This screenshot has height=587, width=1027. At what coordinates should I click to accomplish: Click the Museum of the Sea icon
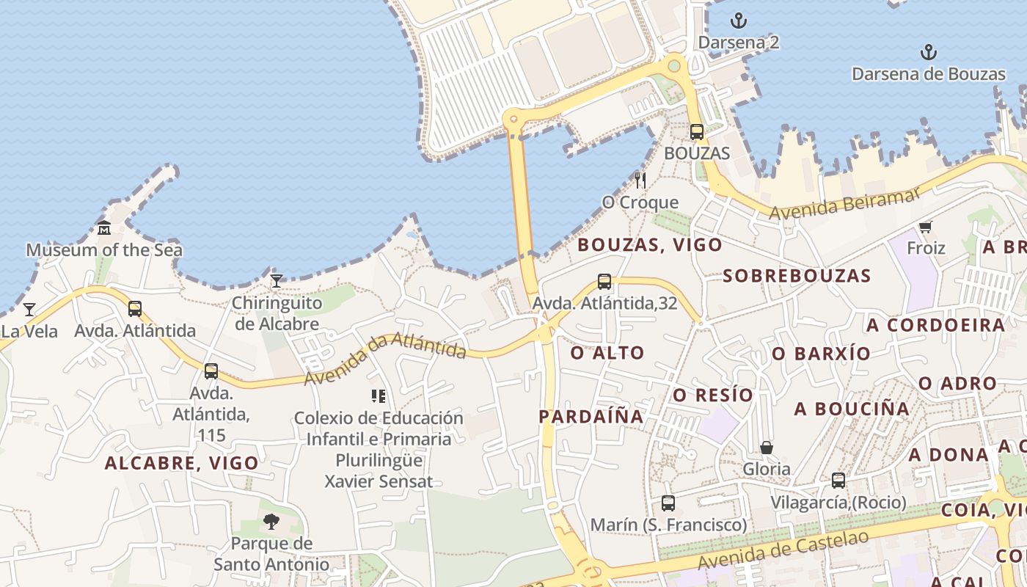click(104, 228)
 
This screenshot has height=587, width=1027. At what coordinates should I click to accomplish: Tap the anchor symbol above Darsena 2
click(739, 21)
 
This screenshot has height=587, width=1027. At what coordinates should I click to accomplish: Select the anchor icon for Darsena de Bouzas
click(929, 52)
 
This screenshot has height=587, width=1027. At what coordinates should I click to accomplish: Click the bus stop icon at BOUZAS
click(697, 132)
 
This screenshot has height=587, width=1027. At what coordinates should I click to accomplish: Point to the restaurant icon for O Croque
click(640, 181)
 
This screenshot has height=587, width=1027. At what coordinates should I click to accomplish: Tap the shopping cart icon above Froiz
click(925, 227)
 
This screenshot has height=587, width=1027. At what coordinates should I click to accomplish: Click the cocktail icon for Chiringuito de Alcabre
click(277, 281)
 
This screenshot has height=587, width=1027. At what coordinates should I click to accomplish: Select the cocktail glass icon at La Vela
click(29, 310)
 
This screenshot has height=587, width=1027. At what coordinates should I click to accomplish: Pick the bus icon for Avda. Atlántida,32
click(604, 282)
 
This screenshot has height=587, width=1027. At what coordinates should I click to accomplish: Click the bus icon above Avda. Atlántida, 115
click(211, 371)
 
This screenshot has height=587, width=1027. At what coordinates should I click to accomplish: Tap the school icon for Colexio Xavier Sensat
click(379, 397)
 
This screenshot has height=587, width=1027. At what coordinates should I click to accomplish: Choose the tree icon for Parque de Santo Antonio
click(271, 522)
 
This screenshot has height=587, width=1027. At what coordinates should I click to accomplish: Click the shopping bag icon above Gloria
click(767, 448)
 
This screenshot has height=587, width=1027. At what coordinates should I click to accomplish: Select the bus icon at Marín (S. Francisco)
click(668, 503)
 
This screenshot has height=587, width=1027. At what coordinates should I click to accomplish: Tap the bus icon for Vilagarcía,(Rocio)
click(838, 481)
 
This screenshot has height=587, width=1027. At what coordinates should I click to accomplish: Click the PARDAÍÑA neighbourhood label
click(591, 417)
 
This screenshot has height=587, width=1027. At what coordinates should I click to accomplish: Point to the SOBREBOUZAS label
click(797, 276)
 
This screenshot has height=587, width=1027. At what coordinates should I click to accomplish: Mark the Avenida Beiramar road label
click(844, 203)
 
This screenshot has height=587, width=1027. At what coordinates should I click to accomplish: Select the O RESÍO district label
click(714, 395)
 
